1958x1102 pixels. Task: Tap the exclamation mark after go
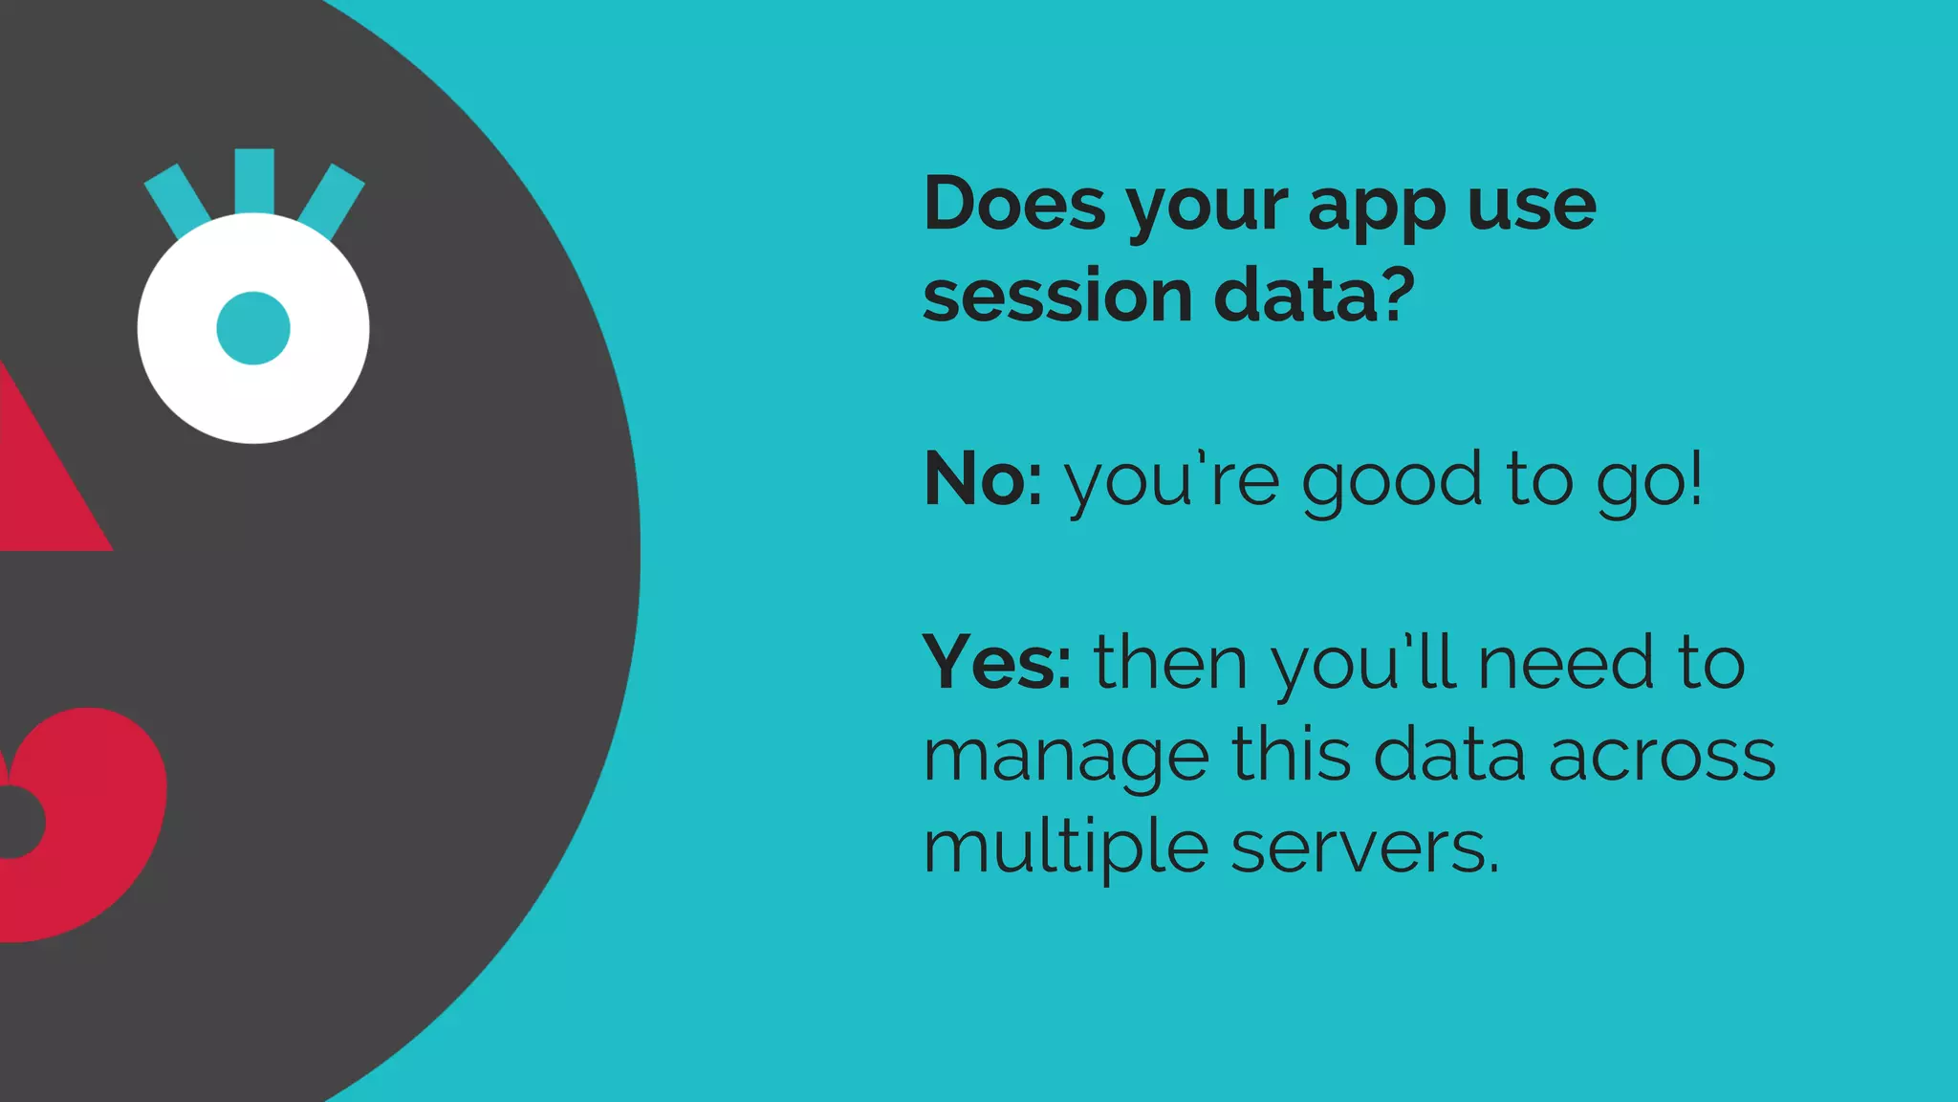tap(1696, 478)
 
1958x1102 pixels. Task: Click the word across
tap(1662, 756)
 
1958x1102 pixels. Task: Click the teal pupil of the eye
tap(253, 328)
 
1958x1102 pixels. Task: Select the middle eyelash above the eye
tap(254, 180)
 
